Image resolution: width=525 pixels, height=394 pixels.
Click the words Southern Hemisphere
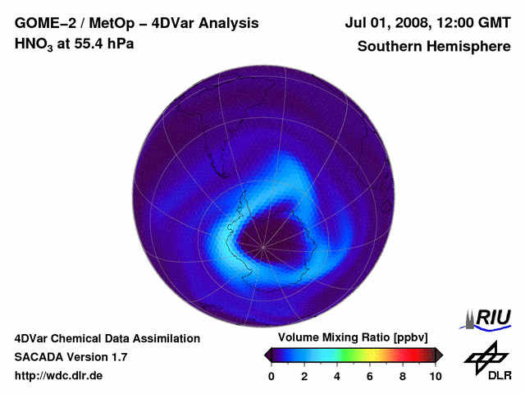[x=433, y=46]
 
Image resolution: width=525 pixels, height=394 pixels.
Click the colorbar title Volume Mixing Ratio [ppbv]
[x=353, y=337]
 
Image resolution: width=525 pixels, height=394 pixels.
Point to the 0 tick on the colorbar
[x=272, y=376]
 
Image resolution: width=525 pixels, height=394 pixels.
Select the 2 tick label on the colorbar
[x=304, y=376]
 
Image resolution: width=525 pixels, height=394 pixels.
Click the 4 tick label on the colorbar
[x=337, y=376]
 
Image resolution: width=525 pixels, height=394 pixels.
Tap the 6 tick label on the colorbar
[x=370, y=376]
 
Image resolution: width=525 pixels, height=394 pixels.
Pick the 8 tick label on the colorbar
[x=403, y=376]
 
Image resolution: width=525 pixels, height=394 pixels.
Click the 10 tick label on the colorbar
[x=435, y=376]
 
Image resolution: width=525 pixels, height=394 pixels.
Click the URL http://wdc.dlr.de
[x=59, y=376]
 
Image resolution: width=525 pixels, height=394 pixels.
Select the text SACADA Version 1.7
[x=71, y=357]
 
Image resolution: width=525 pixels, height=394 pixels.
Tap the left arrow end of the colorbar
[x=267, y=355]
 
